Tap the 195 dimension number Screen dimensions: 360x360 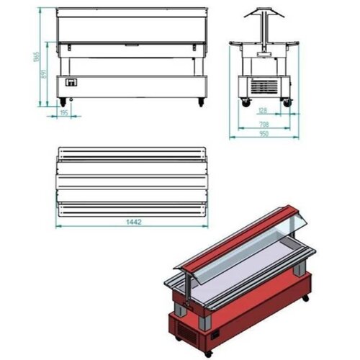tap(63, 112)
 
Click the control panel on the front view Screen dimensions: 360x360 tap(71, 83)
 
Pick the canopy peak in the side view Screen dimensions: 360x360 tap(264, 12)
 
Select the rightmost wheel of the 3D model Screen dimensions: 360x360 tap(307, 297)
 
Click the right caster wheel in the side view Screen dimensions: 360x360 tap(287, 102)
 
